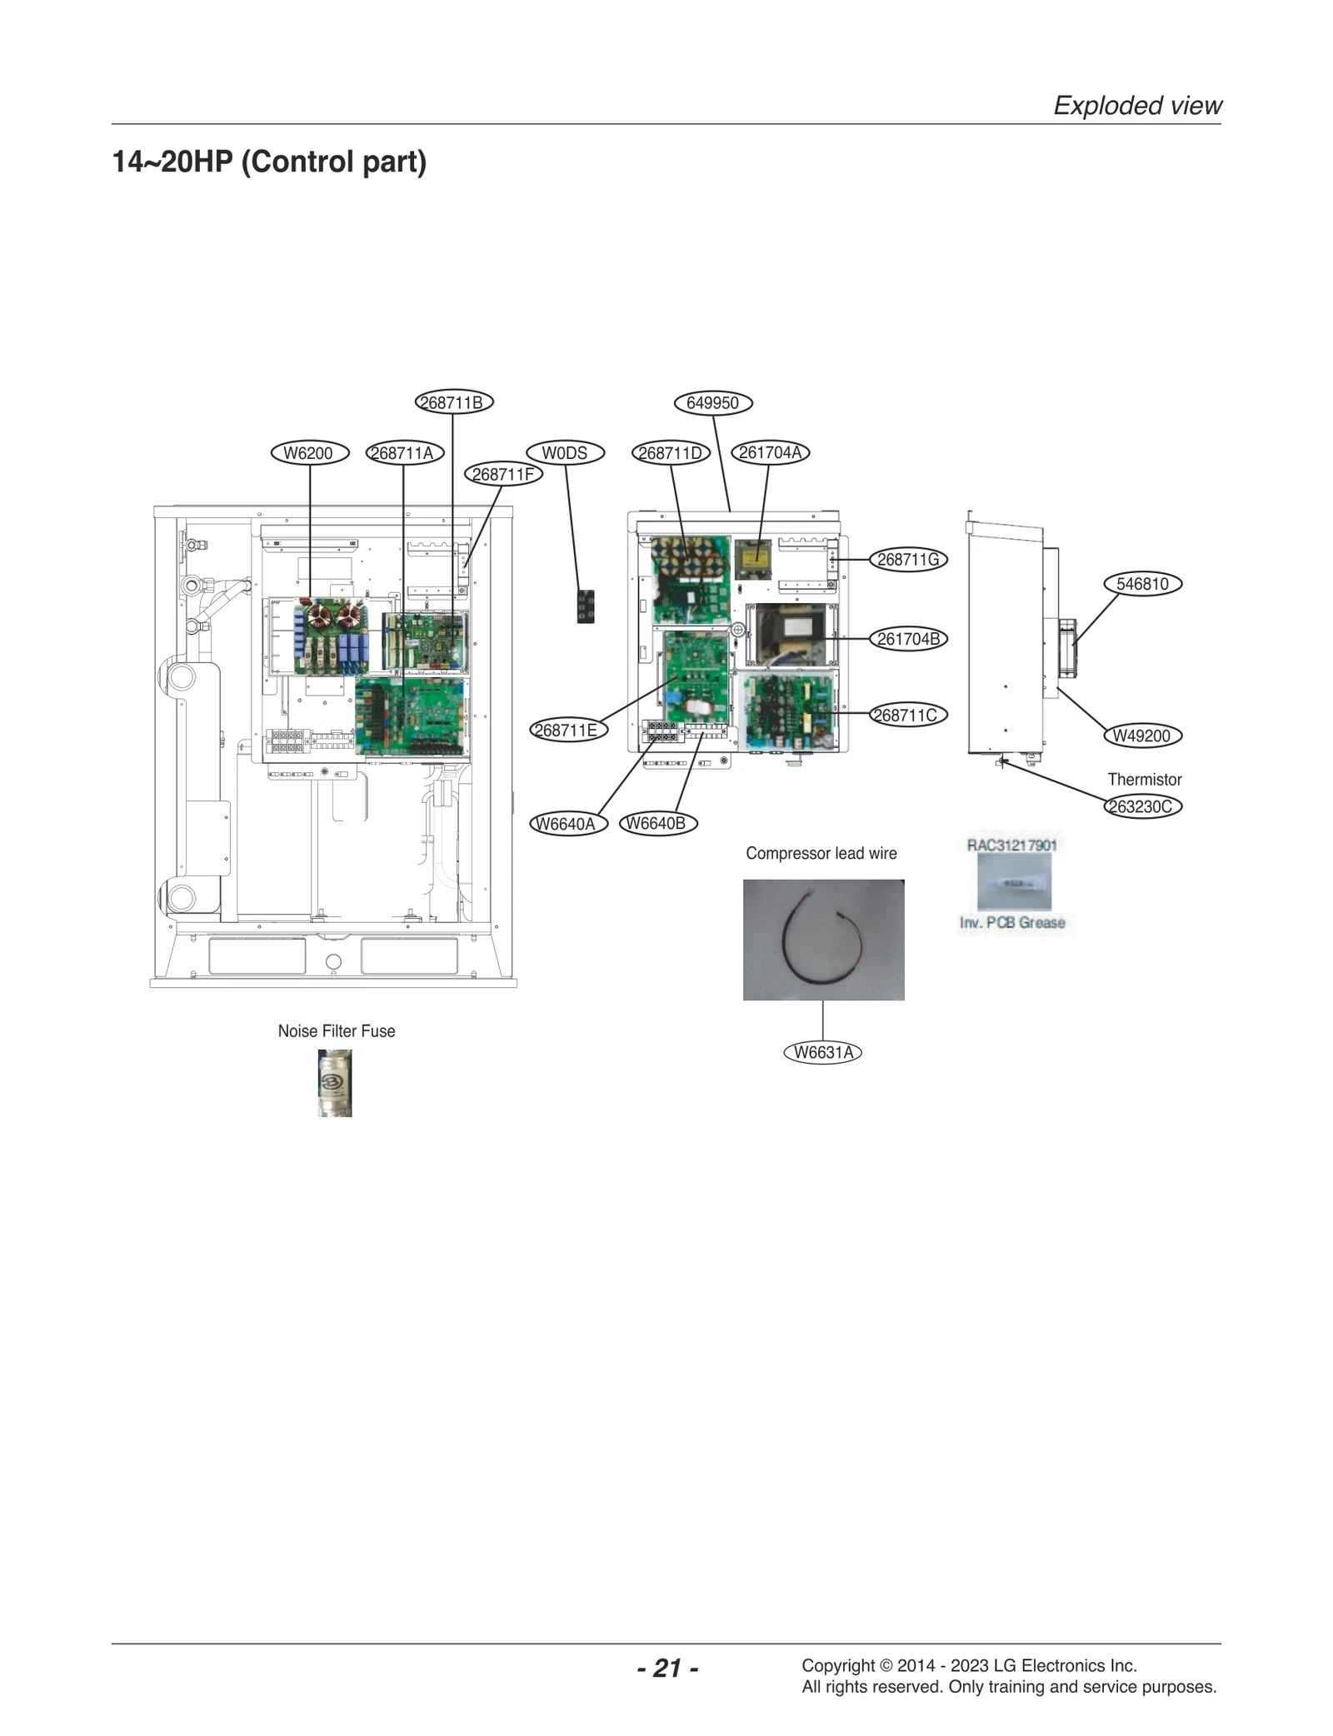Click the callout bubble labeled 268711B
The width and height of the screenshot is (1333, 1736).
454,402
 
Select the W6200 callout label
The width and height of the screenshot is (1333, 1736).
309,453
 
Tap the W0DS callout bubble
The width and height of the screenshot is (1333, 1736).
565,453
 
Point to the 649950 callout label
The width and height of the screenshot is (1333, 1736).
712,403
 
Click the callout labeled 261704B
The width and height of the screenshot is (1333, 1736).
908,639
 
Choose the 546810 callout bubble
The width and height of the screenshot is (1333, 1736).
1142,584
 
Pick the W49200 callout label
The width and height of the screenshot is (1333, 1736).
1142,736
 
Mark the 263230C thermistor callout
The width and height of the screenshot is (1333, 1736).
1142,806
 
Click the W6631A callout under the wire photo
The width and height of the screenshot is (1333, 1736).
823,1052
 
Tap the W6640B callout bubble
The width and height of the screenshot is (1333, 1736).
657,824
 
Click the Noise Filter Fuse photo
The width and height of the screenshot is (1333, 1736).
335,1082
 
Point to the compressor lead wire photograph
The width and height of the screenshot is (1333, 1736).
823,940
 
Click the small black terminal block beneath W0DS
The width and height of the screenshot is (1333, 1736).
586,606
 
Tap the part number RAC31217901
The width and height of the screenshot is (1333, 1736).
1011,845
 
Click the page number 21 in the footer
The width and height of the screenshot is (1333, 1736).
667,1668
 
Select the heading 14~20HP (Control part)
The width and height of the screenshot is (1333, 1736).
269,162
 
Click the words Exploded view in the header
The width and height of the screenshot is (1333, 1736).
1137,106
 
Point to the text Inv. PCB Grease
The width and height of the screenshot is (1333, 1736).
1012,922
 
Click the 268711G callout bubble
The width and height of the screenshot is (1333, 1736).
908,560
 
